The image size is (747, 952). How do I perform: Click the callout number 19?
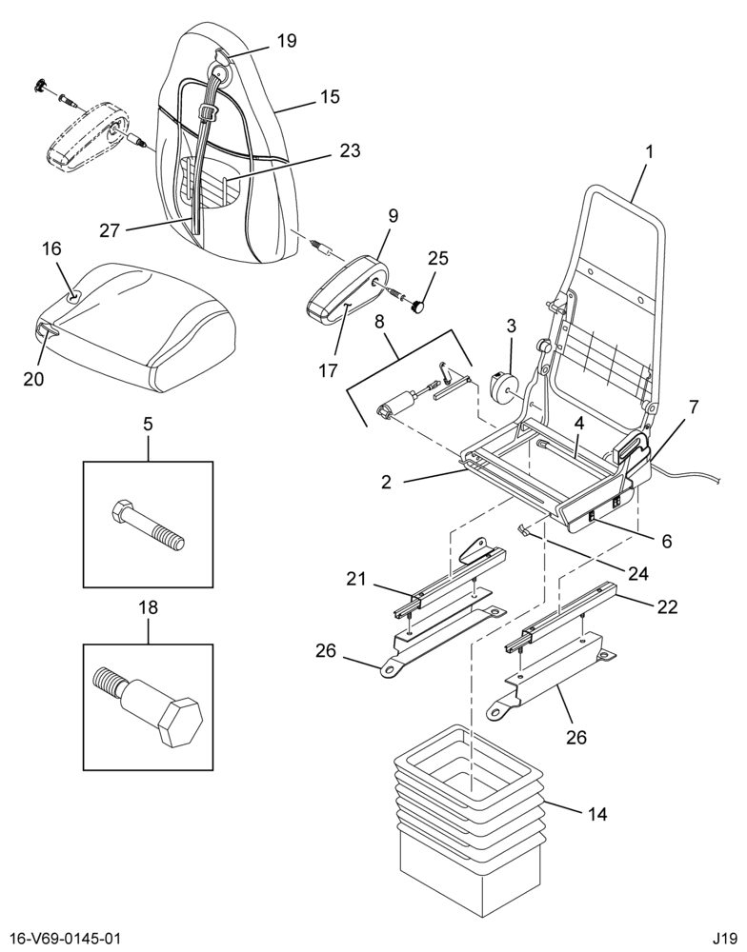(x=287, y=41)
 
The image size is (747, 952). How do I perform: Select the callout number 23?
(x=350, y=150)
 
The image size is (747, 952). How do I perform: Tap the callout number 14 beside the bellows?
(x=597, y=814)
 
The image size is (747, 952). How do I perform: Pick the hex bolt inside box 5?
(x=148, y=525)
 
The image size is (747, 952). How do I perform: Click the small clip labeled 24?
(x=523, y=530)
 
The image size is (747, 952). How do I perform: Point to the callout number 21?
(x=356, y=579)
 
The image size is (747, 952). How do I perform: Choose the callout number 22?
(x=667, y=606)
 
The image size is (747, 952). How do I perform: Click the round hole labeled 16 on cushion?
(x=73, y=297)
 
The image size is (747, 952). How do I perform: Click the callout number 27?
(x=110, y=230)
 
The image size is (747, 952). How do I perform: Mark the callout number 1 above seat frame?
(x=649, y=151)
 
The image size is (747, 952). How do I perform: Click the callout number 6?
(x=667, y=541)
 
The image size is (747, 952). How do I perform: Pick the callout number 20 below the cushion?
(x=33, y=378)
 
